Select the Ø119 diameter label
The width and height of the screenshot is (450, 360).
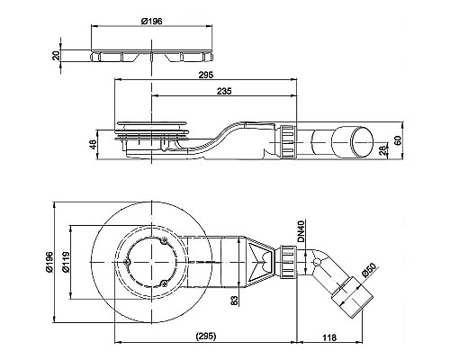coord(78,264)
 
